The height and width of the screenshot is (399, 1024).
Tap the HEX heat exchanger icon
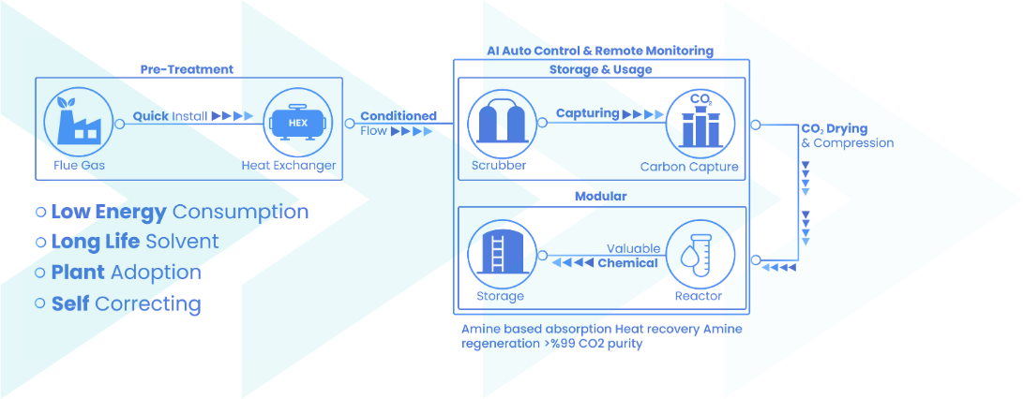296,123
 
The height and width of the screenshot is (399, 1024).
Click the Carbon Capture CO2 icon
701,123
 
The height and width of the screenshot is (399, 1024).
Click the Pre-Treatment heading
187,69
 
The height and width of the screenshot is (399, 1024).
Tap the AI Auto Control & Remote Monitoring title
600,51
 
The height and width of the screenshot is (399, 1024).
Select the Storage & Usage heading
600,69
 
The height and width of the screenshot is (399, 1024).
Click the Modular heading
600,196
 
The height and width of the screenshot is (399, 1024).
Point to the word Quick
150,116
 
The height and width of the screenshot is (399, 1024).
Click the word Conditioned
399,116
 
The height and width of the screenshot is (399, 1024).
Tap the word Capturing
587,113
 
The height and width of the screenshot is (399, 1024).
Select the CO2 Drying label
834,128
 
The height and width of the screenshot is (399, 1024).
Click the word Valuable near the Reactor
633,249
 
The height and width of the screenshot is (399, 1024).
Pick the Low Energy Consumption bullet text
179,212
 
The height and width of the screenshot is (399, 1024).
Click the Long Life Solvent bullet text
134,242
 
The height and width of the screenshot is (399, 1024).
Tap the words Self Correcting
126,303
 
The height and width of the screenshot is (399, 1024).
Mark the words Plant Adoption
126,273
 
